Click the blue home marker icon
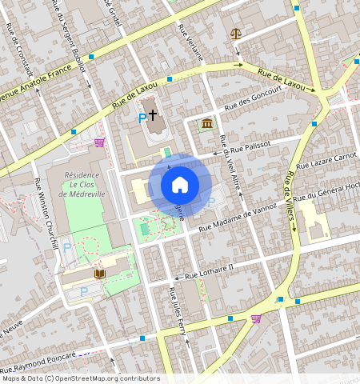click(x=180, y=185)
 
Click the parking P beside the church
click(x=142, y=118)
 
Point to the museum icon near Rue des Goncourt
click(x=208, y=123)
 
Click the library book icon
click(x=99, y=274)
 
